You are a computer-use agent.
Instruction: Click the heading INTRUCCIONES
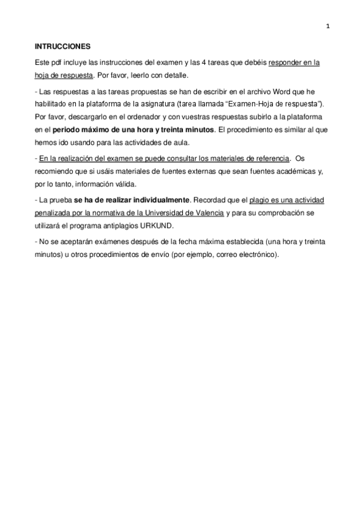pyautogui.click(x=62, y=46)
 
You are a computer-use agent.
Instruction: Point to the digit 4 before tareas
pyautogui.click(x=204, y=63)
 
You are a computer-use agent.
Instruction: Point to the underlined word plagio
pyautogui.click(x=261, y=200)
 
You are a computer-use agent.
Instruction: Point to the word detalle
pyautogui.click(x=173, y=75)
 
